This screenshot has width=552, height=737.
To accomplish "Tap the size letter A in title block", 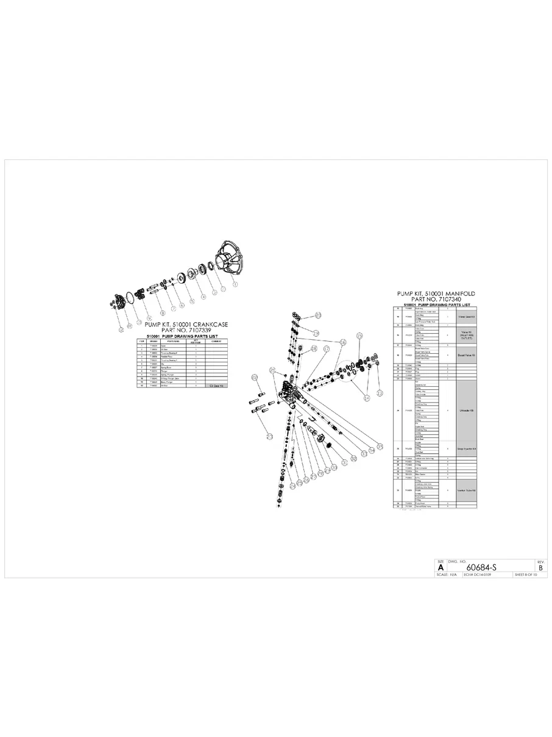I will tap(441, 567).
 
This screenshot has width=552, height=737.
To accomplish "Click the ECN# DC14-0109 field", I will tap(477, 575).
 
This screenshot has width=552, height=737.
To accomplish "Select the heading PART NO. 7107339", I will tap(182, 330).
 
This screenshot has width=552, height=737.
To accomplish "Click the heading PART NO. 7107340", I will tap(436, 300).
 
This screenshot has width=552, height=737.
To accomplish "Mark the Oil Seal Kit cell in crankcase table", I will tap(217, 386).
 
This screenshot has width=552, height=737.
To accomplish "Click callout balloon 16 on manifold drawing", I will tap(343, 343).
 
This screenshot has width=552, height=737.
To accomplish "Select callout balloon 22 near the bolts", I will tap(255, 378).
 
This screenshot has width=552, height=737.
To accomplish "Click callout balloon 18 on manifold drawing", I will tap(314, 348).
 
